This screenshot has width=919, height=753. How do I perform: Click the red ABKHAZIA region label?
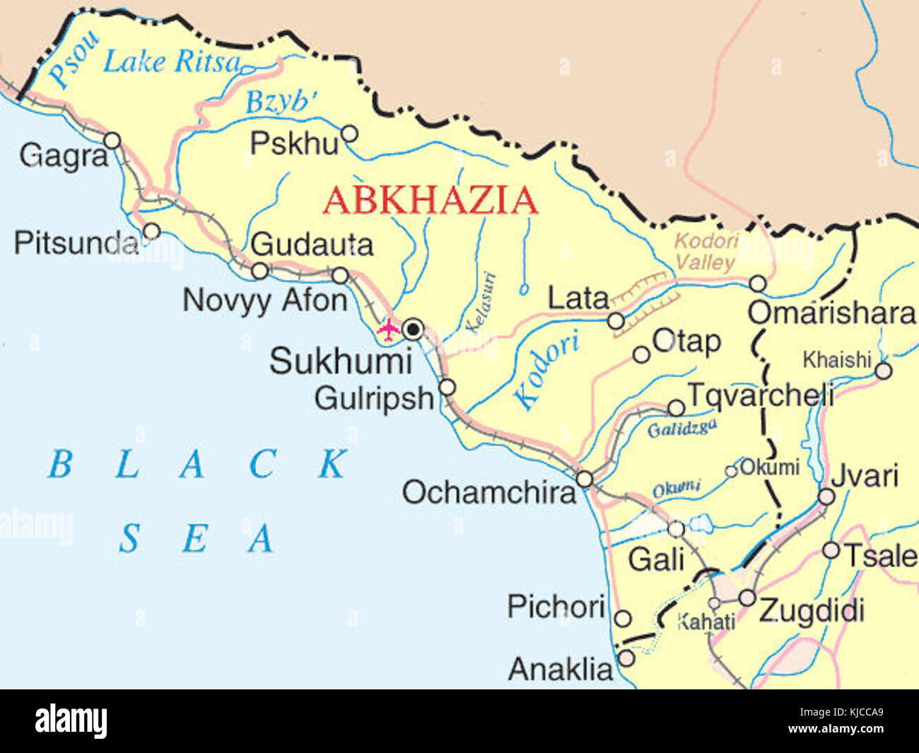430,200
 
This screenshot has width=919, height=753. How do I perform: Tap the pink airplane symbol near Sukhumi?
387,329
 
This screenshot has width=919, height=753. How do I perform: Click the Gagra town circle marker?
112,140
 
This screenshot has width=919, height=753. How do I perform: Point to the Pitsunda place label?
76,243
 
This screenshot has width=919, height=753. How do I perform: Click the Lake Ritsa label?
172,62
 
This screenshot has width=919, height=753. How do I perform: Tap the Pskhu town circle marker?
349,134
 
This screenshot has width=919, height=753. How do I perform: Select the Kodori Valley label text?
706,251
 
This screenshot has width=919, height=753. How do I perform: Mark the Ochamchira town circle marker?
584,479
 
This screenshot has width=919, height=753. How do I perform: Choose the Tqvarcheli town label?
761,394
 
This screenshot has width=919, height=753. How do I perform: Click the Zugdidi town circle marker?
747,598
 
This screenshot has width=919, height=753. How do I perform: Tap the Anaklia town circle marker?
626,658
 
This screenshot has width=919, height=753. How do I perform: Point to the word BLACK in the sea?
198,465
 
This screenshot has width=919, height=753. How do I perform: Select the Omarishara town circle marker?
757,284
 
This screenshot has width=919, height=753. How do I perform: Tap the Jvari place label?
865,476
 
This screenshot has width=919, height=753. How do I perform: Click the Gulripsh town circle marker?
447,387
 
